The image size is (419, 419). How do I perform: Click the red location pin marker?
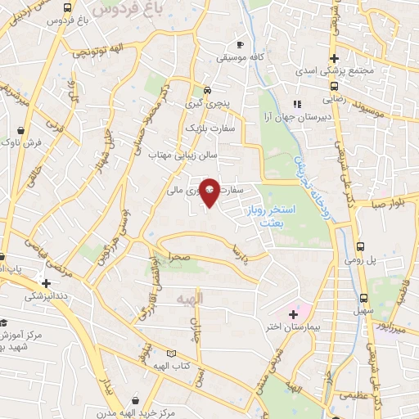click(210, 191)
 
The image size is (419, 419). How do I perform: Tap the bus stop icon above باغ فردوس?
click(66, 8)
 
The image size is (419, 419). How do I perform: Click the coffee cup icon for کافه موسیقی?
click(240, 44)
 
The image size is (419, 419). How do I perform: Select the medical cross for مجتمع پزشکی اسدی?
click(334, 58)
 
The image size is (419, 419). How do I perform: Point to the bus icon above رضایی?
click(334, 84)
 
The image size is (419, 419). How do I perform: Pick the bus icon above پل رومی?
click(362, 246)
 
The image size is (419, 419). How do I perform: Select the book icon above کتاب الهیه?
click(171, 354)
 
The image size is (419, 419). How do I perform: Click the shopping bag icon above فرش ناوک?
click(31, 129)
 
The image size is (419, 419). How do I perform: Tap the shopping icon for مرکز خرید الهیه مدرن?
click(135, 401)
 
